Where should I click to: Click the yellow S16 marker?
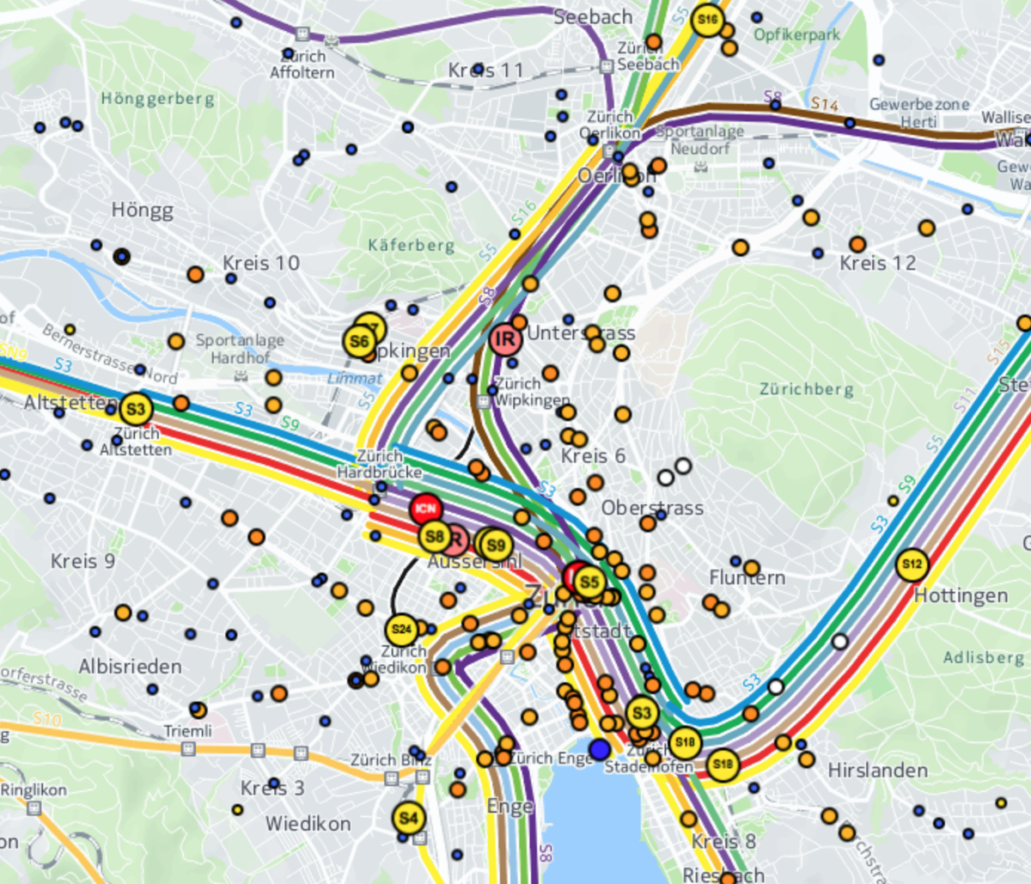(x=707, y=20)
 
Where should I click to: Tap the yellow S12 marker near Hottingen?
(x=912, y=564)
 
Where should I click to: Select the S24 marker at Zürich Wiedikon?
(x=401, y=630)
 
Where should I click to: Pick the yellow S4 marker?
(x=408, y=817)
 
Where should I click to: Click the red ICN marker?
(x=425, y=509)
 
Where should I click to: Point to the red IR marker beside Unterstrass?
(x=505, y=339)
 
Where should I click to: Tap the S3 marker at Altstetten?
(x=136, y=409)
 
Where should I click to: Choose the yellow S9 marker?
(x=496, y=545)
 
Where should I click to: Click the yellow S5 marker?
(x=589, y=582)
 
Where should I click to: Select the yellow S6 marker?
(x=359, y=341)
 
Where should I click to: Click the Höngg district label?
(x=142, y=210)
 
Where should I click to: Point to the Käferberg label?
(x=412, y=246)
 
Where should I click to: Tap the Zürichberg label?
(x=807, y=389)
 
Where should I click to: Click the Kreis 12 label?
(x=877, y=263)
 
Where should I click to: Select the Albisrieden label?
(x=130, y=667)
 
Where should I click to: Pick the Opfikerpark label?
(x=796, y=35)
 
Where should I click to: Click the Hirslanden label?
(x=877, y=771)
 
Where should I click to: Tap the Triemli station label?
(x=187, y=731)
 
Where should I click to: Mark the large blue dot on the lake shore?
(x=600, y=748)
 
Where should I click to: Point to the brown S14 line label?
(x=824, y=104)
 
